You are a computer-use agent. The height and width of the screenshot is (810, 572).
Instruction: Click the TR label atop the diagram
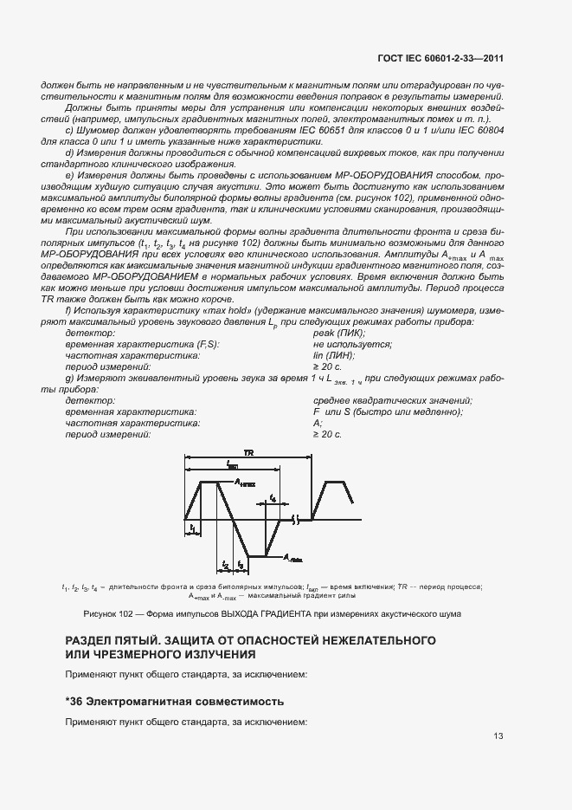tap(248, 453)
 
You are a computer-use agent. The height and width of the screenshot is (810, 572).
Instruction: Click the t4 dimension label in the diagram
tap(273, 498)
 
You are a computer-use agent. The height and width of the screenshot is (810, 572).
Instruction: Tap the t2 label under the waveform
tap(225, 564)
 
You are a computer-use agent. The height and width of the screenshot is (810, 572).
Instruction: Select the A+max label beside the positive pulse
tap(245, 483)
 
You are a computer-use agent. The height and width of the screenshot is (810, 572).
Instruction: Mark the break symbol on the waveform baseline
tap(296, 520)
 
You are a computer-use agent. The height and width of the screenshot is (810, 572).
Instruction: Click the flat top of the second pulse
tap(335, 482)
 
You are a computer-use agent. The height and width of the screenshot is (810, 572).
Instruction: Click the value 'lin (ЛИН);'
tap(333, 355)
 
